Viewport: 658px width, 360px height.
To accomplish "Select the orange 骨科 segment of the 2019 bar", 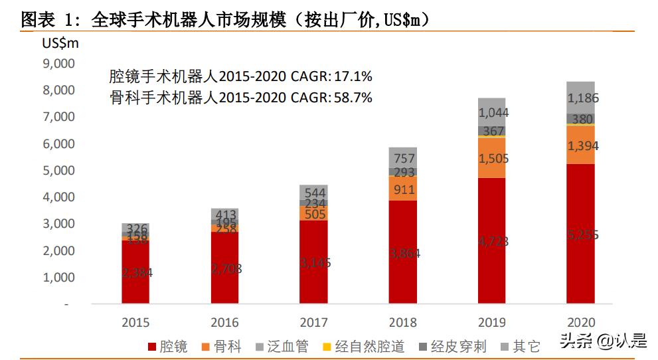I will [x=493, y=157].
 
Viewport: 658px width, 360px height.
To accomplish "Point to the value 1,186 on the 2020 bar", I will [x=583, y=98].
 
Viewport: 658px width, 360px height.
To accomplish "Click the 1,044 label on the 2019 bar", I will [x=493, y=113].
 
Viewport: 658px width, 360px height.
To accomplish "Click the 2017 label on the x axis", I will [x=314, y=323].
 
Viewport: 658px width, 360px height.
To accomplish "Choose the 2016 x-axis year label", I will [x=224, y=323].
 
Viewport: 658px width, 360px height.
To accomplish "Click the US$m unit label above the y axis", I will [x=60, y=44].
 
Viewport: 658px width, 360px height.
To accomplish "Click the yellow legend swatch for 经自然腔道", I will [x=326, y=346].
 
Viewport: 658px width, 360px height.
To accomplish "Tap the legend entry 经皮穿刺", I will [x=451, y=346].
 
